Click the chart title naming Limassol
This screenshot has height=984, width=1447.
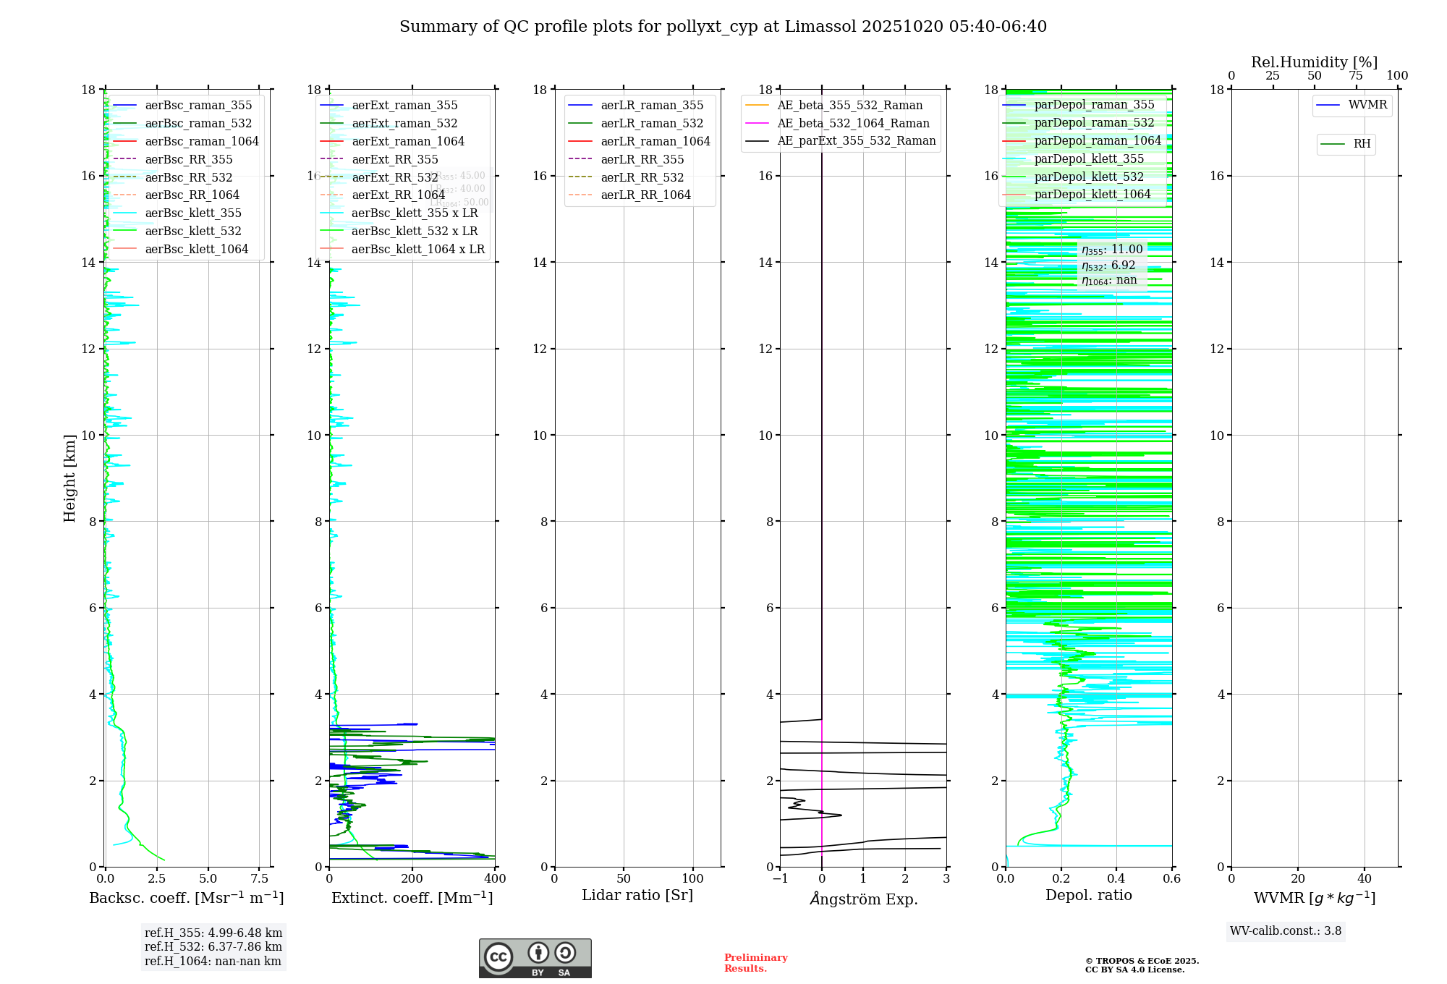(x=723, y=27)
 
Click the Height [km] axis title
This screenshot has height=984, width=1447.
(x=69, y=478)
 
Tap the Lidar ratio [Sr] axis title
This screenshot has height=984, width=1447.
(x=637, y=896)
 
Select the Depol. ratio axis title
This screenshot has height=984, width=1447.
(x=1089, y=896)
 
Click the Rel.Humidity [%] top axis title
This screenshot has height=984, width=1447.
(x=1314, y=62)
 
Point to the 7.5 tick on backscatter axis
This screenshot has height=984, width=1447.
(x=260, y=879)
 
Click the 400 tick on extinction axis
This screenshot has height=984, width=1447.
(x=495, y=879)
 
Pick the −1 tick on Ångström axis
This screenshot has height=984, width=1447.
(x=780, y=879)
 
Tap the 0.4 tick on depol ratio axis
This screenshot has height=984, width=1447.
(x=1116, y=879)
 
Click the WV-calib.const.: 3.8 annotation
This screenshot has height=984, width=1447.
(x=1286, y=931)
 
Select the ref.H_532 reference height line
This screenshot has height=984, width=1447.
(x=213, y=947)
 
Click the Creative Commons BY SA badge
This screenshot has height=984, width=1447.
(x=535, y=959)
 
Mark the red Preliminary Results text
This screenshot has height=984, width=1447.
(x=755, y=963)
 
